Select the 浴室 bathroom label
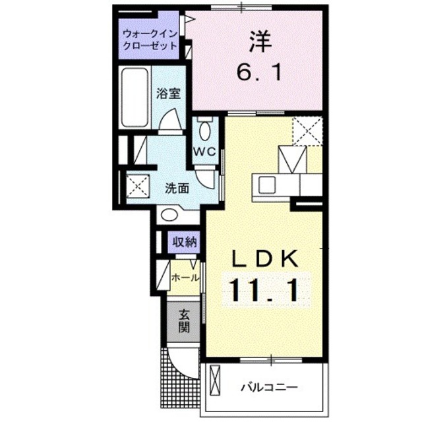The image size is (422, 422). (x=168, y=94)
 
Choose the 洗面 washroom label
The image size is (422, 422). (x=177, y=188)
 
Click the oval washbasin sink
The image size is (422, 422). (x=171, y=214)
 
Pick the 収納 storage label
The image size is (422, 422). (x=185, y=242)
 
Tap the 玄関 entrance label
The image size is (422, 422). (x=184, y=320)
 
